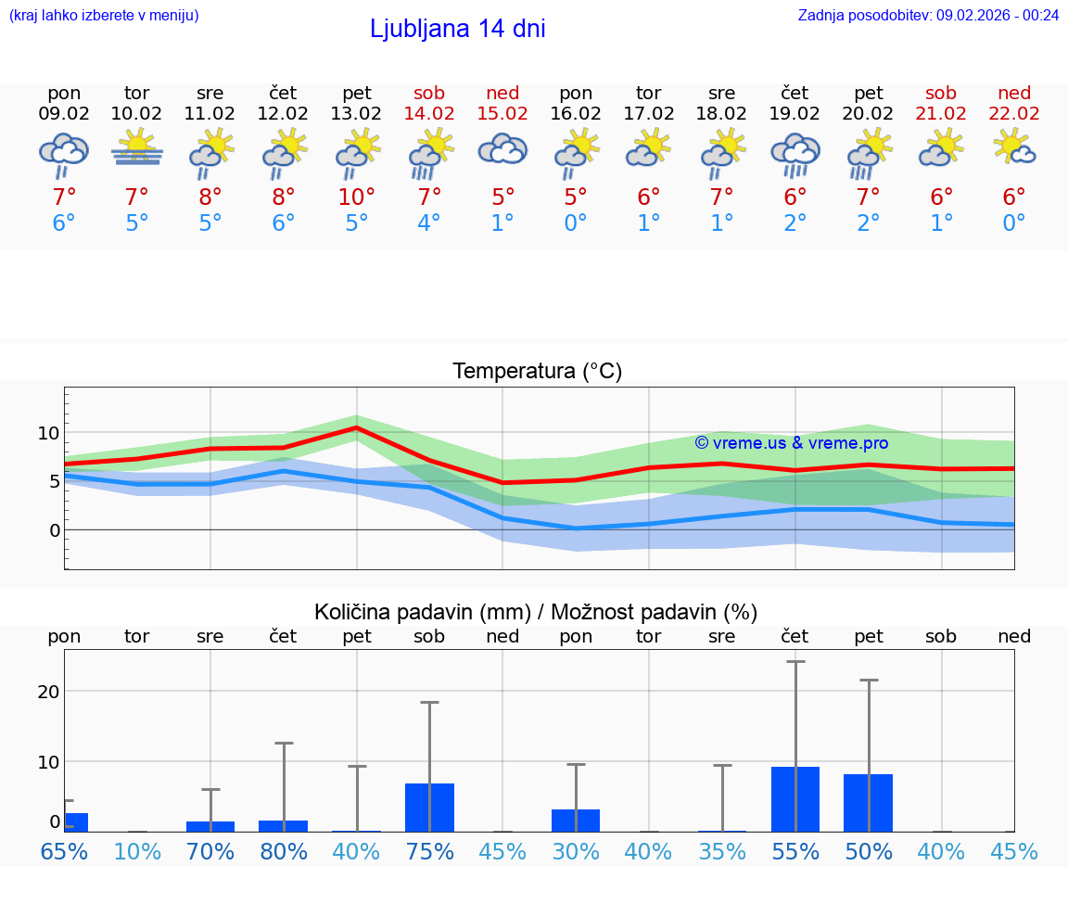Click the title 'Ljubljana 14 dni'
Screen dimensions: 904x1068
click(457, 29)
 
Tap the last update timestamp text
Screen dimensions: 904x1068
click(928, 15)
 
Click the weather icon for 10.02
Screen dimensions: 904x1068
click(137, 148)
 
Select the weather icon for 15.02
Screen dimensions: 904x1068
click(502, 148)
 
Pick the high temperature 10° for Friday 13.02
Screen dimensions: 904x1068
click(357, 197)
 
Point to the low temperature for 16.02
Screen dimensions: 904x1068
click(576, 223)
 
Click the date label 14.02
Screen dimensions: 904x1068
click(429, 113)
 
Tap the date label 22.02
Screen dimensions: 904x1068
click(1014, 113)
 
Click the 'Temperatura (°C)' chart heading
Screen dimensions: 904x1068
click(537, 371)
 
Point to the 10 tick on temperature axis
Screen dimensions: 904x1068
click(48, 433)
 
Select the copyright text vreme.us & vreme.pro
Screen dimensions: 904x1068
click(791, 443)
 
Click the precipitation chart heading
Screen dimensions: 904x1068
click(536, 612)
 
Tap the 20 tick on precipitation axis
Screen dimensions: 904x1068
click(48, 692)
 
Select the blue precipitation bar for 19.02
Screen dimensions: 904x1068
click(795, 799)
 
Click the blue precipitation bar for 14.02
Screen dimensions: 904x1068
click(429, 808)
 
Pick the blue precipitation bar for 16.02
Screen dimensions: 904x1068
click(576, 821)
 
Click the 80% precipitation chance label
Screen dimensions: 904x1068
click(284, 851)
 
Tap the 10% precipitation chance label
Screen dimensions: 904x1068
click(137, 851)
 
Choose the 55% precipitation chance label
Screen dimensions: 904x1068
click(795, 851)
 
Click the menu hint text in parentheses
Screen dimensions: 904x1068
click(104, 15)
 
